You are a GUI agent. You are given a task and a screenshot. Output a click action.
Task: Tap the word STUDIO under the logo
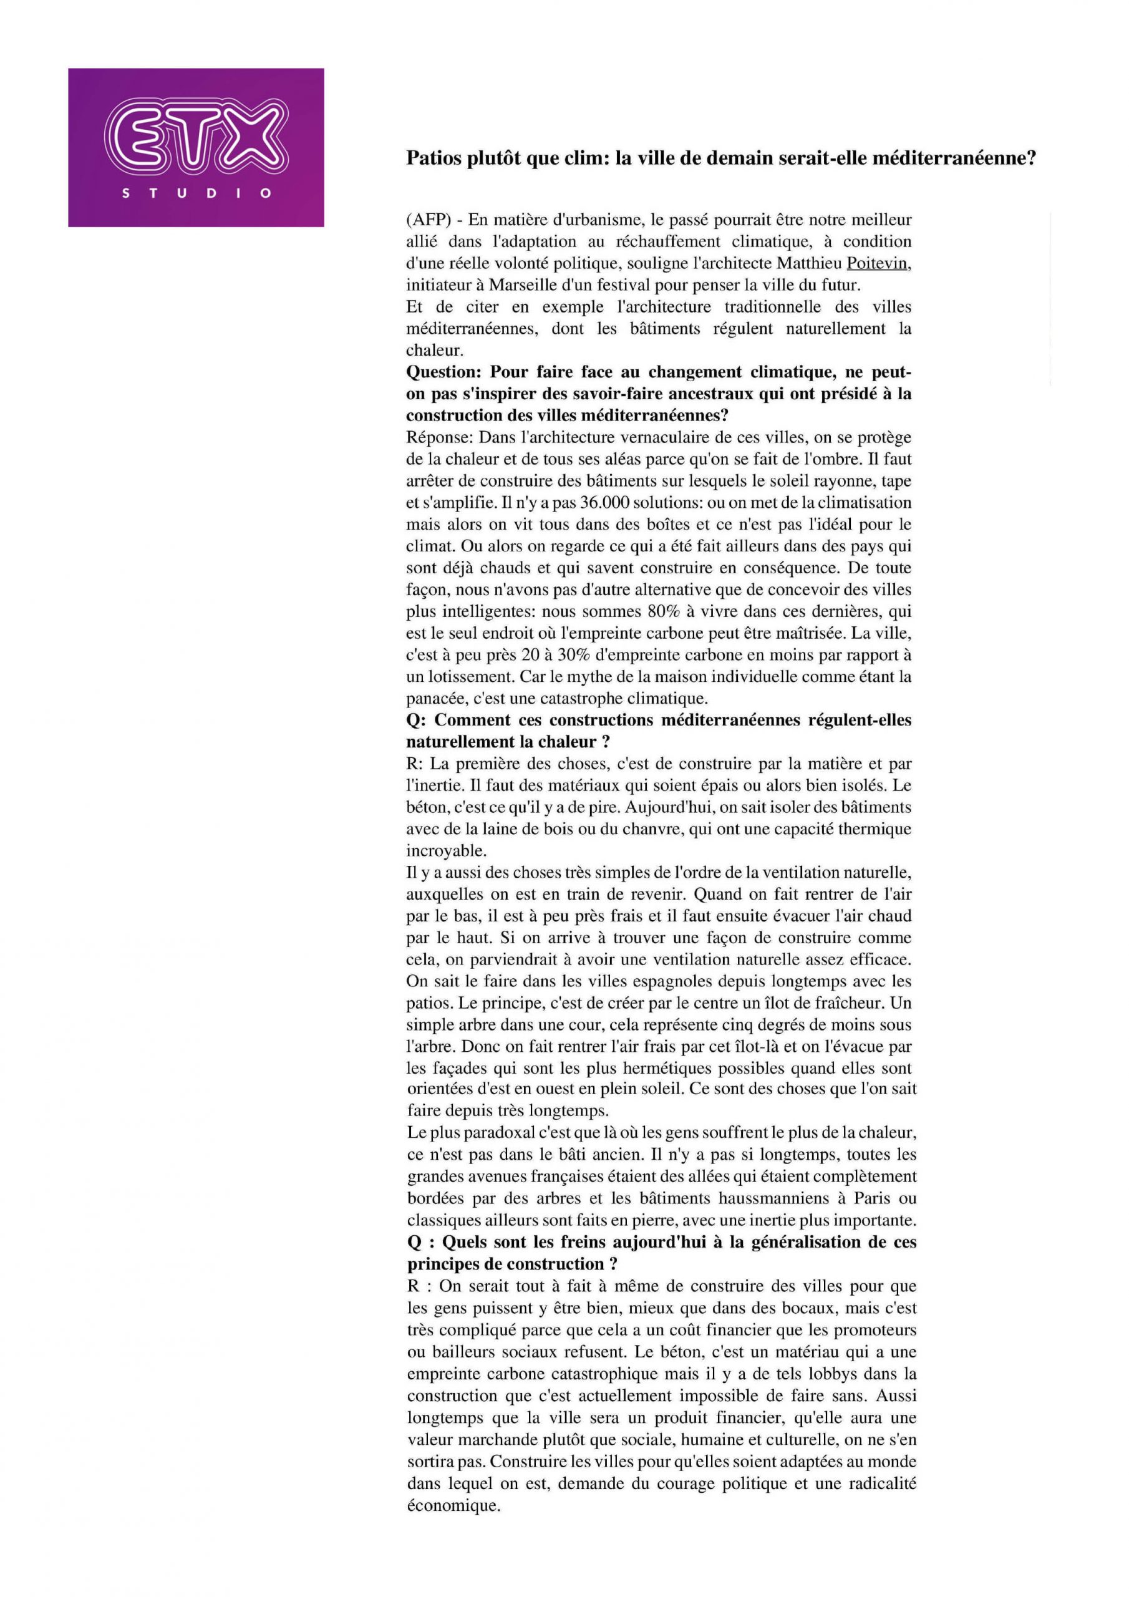pos(196,194)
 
